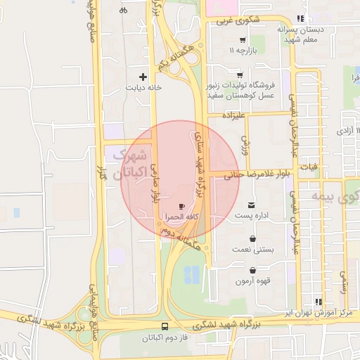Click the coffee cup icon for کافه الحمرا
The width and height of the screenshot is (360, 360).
click(182, 206)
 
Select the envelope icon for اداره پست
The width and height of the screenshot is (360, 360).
click(252, 205)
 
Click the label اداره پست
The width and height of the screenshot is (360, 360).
click(252, 216)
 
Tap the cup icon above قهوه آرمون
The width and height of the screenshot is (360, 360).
click(252, 271)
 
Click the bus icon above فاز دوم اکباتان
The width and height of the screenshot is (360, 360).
click(165, 327)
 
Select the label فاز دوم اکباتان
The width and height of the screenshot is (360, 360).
click(165, 339)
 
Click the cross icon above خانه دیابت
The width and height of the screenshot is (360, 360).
click(143, 76)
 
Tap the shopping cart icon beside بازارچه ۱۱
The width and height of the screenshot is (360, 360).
click(243, 40)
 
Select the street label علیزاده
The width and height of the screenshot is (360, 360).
click(235, 114)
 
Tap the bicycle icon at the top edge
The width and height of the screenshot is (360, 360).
click(124, 10)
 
